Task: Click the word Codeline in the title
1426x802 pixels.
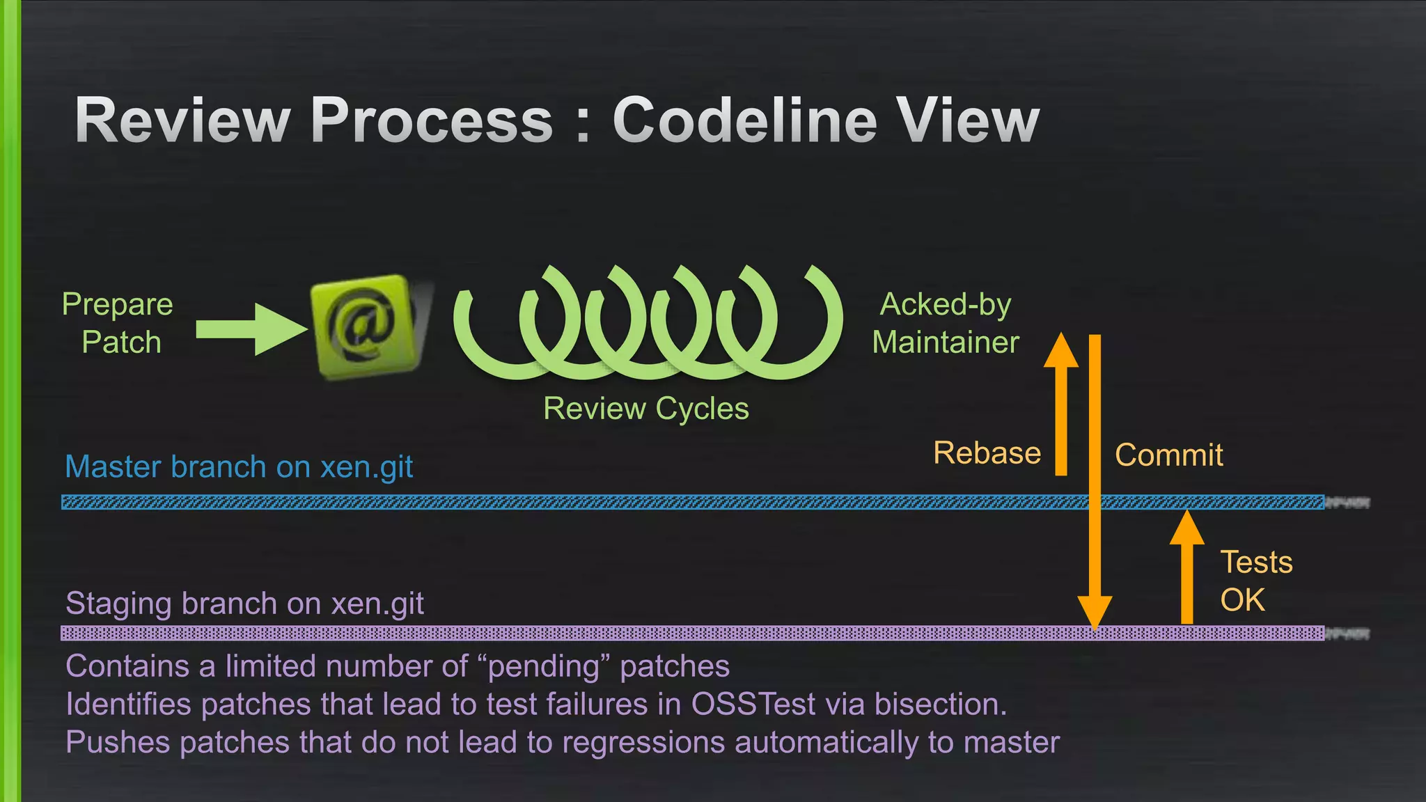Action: [x=744, y=120]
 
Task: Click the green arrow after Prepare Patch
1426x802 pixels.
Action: [x=251, y=329]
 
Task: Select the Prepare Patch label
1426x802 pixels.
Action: [x=118, y=323]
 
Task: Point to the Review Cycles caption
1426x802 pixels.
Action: [x=645, y=409]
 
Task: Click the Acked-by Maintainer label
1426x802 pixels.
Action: [x=946, y=323]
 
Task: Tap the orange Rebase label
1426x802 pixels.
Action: [x=987, y=453]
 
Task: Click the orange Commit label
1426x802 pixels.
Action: [x=1168, y=455]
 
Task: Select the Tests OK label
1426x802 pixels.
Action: [x=1255, y=581]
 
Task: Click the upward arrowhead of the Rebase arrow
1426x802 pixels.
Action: [x=1061, y=350]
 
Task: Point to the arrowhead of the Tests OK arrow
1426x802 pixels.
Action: [x=1186, y=528]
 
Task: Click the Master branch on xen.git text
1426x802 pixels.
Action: [x=239, y=467]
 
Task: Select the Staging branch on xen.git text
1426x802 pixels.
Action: [x=244, y=604]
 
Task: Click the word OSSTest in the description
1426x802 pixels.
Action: [x=753, y=705]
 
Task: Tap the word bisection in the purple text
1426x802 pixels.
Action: [x=940, y=705]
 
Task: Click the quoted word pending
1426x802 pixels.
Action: [x=543, y=667]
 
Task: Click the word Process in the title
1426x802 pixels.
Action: [x=432, y=120]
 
